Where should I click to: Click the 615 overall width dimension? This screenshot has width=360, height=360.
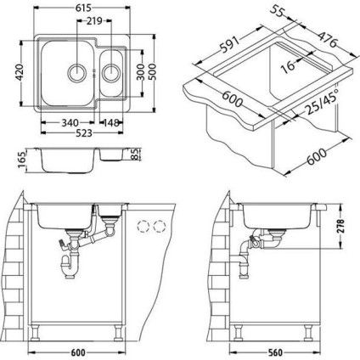coord(83,8)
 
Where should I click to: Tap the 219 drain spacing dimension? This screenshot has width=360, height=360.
coord(94,21)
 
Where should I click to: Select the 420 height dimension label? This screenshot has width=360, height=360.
coord(20,72)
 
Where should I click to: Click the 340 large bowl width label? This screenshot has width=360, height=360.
coord(70,123)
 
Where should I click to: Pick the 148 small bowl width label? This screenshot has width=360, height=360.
coord(110,123)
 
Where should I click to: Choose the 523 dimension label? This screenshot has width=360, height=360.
coord(84,132)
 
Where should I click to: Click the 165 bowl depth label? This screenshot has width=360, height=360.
coord(22,160)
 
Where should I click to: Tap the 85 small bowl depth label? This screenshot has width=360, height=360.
coord(136,154)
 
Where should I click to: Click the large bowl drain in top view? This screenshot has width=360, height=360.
coord(76,72)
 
